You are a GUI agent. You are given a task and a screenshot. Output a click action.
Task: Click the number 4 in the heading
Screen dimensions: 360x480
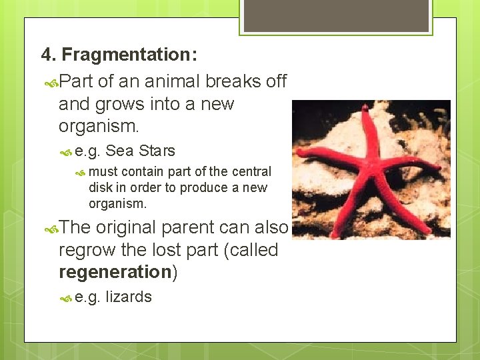pos(45,54)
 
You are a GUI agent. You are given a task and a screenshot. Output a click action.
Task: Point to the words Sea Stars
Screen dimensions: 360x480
pos(140,151)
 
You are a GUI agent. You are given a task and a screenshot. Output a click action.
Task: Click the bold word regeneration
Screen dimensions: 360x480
pos(115,272)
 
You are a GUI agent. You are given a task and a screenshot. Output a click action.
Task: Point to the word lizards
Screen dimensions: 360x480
pos(129,297)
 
